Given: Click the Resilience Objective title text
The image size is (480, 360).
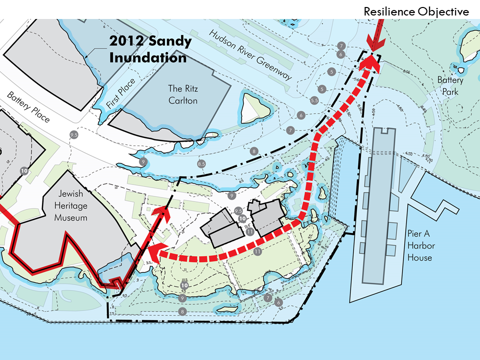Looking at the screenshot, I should tap(416, 11).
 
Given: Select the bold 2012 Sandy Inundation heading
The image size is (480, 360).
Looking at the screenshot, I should tap(150, 49).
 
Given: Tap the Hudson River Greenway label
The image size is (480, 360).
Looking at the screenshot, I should tap(250, 54).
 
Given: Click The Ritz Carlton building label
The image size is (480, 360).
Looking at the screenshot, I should tap(182, 94).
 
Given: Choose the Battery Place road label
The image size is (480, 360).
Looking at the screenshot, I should tap(28, 107).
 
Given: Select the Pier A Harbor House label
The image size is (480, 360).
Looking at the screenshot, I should tap(419, 245).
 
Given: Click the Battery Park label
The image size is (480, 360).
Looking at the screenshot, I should tap(450, 84).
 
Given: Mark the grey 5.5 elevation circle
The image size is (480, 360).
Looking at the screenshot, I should tap(314, 100).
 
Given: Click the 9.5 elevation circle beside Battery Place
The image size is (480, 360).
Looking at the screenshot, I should tap(74, 135).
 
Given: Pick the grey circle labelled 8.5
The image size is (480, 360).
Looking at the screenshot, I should tap(202, 163).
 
